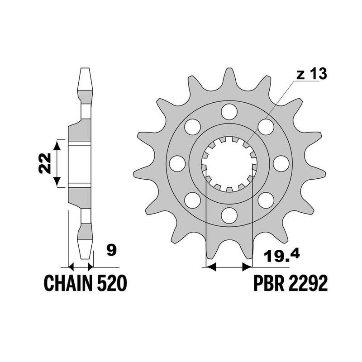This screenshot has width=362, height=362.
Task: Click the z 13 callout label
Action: click(x=312, y=74)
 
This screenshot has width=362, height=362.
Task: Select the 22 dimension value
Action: click(x=45, y=163)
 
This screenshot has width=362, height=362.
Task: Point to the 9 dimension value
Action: click(x=112, y=251)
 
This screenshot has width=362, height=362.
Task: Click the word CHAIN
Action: click(x=68, y=283)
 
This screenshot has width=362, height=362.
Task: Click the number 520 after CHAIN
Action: click(x=112, y=283)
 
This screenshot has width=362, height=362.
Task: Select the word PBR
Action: click(x=269, y=283)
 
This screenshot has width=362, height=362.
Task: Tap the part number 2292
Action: click(x=308, y=283)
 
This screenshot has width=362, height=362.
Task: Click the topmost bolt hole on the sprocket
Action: click(x=229, y=112)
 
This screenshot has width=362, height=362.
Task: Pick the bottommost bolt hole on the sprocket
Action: click(x=229, y=215)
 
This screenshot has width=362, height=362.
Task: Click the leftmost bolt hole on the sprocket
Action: click(x=177, y=163)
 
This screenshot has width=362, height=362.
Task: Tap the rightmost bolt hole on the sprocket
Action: click(x=281, y=163)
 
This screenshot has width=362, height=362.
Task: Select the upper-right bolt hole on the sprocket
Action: click(x=266, y=127)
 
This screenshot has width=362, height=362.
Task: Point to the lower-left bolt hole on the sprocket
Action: click(x=193, y=200)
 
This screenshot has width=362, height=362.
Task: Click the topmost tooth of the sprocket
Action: click(x=229, y=77)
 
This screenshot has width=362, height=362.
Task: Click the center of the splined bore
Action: click(x=229, y=164)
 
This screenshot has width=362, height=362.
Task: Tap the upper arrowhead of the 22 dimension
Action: click(x=57, y=145)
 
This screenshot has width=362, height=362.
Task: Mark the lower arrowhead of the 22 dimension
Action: click(x=57, y=182)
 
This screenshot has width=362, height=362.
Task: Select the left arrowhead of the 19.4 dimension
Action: click(x=211, y=267)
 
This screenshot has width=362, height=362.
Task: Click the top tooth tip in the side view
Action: click(x=85, y=68)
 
